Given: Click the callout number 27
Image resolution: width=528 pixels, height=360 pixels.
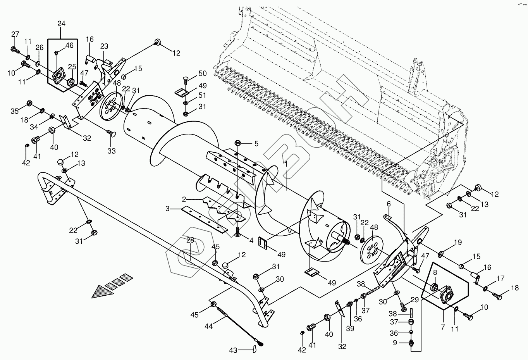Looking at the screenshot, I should pos(15,34).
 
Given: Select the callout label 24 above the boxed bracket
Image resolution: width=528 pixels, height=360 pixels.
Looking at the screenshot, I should pos(62,24).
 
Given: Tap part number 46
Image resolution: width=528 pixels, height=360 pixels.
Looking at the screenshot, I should pos(69,45).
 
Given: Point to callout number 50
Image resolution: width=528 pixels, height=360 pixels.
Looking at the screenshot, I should pos(202,74).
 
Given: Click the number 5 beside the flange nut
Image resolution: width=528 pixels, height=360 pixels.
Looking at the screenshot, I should pos(256,143).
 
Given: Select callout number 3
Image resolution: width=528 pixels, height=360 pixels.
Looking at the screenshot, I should pos(168,209).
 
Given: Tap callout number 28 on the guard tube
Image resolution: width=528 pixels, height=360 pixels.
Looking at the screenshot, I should pos(190,240).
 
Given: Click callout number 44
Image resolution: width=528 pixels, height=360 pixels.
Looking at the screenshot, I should pos(208,327).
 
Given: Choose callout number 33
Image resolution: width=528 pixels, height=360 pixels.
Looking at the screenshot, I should pos(112,151).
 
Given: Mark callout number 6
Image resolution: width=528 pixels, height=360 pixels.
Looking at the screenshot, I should pos(389,203).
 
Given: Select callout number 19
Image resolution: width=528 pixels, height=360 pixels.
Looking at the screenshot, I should pos(458,243).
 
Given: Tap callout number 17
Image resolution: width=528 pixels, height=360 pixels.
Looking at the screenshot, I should pos(501,278).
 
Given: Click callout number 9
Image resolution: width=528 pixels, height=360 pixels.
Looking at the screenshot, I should pos(395,343).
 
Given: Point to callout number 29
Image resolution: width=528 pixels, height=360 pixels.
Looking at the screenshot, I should pos(414,300).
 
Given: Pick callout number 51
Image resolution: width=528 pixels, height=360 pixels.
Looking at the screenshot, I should pos(202,95).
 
